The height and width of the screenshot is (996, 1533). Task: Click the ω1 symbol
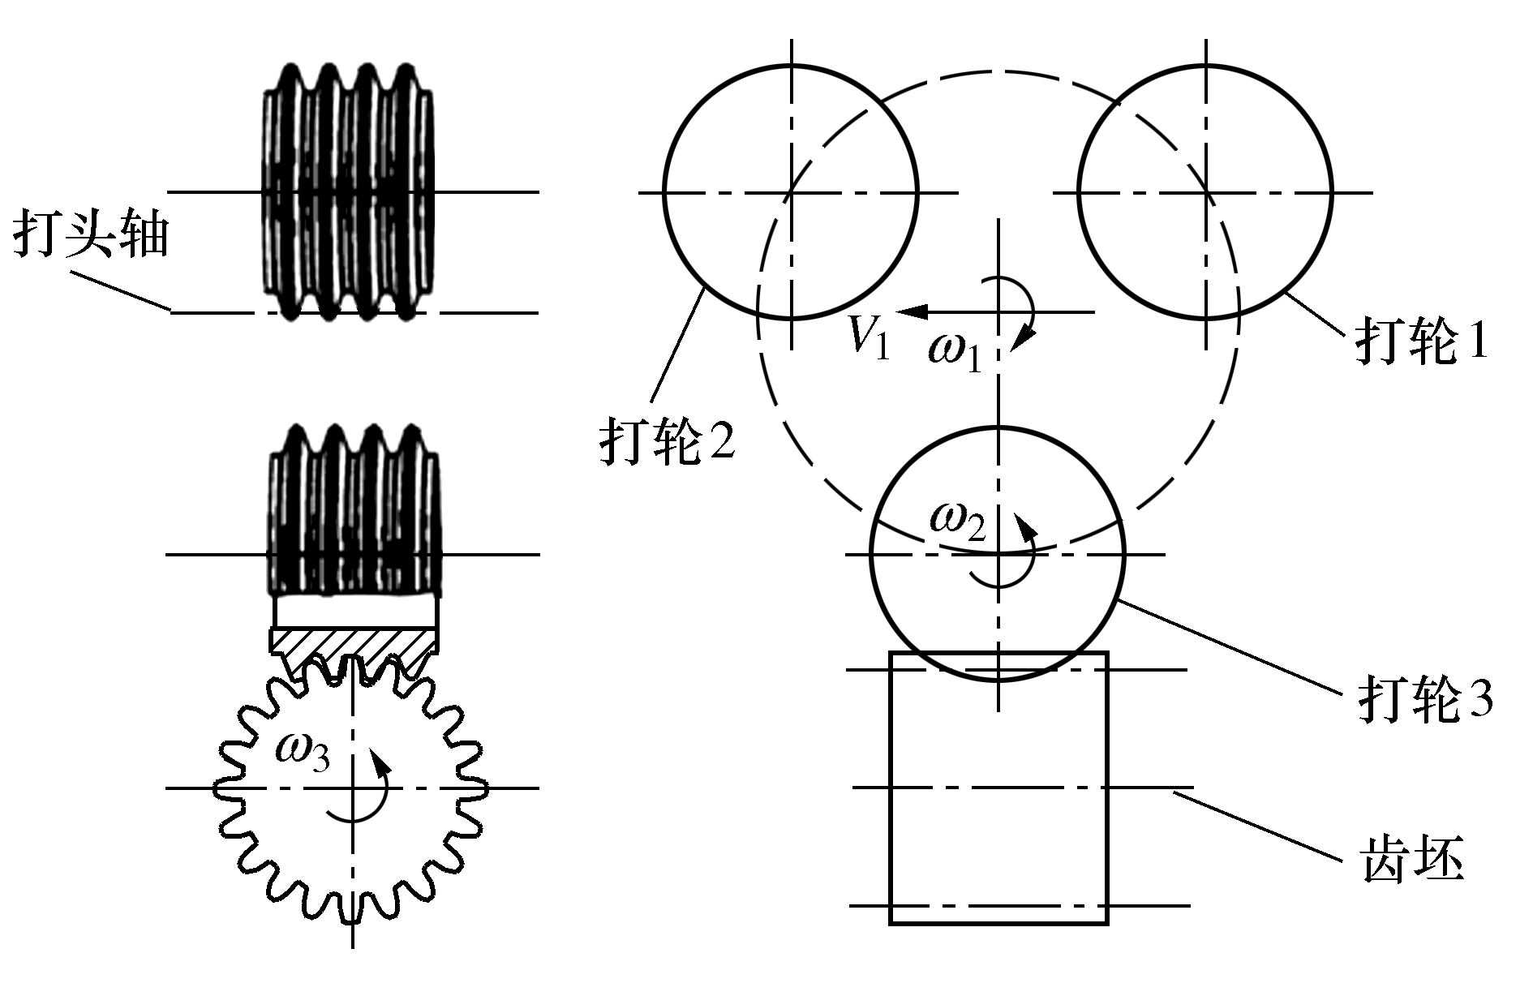(x=955, y=353)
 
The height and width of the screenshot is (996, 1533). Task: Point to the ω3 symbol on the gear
(x=302, y=752)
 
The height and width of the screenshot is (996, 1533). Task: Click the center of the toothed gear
(x=352, y=787)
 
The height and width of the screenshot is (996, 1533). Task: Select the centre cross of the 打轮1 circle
(x=1206, y=192)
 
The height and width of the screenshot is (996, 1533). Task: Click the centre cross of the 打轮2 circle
(x=792, y=192)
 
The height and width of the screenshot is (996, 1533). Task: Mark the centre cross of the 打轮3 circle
(x=998, y=554)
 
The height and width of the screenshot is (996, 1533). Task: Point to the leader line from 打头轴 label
(x=122, y=291)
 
